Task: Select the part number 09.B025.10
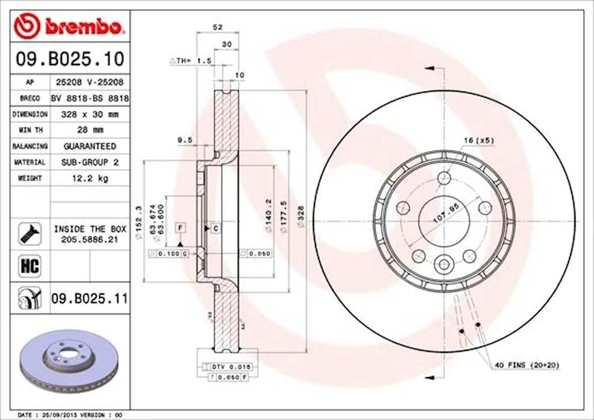point(69,59)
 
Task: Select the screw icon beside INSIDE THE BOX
point(29,234)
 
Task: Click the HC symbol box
point(29,266)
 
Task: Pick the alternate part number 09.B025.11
point(89,299)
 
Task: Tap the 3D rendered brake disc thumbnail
point(69,361)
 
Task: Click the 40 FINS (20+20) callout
point(526,365)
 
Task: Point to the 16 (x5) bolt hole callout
point(478,142)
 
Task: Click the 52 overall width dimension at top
point(217,27)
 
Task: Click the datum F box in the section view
point(180,228)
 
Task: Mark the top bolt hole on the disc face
point(443,178)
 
